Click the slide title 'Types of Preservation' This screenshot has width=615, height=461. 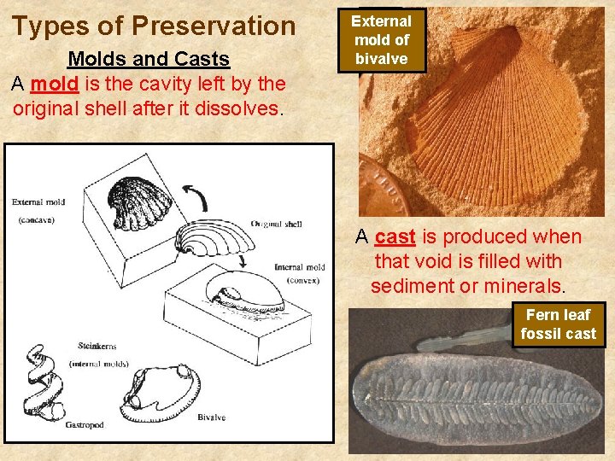pos(154,26)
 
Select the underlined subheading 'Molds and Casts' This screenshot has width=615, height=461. pos(149,59)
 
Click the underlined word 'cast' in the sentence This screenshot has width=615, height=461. pos(394,236)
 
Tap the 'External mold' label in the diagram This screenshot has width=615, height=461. pos(38,202)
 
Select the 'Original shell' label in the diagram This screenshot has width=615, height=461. pos(276,225)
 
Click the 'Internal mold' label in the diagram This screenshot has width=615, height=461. pos(299,267)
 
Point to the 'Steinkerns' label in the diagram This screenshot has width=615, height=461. pos(97,346)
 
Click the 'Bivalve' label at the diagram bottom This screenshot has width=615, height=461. pos(211,418)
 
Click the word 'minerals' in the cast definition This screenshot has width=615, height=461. pos(529,285)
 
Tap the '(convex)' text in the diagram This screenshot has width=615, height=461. pos(303,279)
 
